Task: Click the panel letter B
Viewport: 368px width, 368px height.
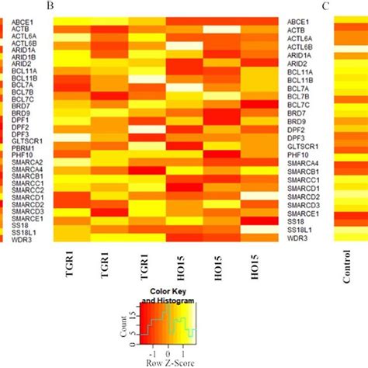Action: [50, 6]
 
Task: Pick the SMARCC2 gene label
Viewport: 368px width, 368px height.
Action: [25, 186]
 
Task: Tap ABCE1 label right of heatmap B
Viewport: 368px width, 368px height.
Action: [300, 22]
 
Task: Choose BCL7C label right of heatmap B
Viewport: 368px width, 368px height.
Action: [299, 104]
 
